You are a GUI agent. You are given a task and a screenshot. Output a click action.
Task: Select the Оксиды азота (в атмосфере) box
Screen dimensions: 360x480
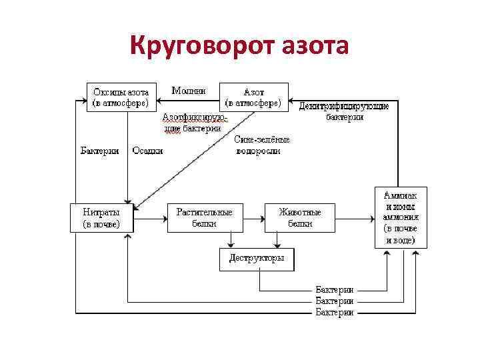tap(121, 97)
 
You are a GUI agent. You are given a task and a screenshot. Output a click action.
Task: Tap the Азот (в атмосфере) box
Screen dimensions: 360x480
tap(254, 97)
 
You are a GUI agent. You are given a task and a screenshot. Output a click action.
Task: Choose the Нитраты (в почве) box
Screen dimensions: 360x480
tap(101, 218)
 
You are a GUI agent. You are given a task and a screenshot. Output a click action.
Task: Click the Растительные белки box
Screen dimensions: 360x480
tap(204, 218)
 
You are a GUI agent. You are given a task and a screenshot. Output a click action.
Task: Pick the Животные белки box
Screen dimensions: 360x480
tap(300, 218)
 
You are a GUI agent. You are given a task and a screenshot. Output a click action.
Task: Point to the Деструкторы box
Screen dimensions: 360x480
tap(257, 259)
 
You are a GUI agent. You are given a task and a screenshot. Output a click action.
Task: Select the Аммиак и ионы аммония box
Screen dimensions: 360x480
tap(400, 217)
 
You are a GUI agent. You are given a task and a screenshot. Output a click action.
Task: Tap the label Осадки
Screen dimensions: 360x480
tap(147, 151)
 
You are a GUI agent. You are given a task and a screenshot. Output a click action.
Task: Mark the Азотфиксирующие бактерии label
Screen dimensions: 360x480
tap(193, 123)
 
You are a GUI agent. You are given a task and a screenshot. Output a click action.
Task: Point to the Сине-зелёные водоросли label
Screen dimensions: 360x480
tap(262, 145)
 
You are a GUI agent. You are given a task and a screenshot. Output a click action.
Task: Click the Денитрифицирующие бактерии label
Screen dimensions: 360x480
tap(344, 111)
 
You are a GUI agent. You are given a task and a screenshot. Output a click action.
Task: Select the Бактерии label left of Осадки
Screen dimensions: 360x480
tap(100, 151)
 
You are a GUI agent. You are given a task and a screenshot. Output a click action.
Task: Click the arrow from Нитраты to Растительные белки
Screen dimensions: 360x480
tap(150, 218)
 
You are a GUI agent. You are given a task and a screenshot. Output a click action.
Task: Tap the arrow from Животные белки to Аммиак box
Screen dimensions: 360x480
tap(353, 218)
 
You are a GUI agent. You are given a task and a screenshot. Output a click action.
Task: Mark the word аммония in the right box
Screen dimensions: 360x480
tap(400, 217)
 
